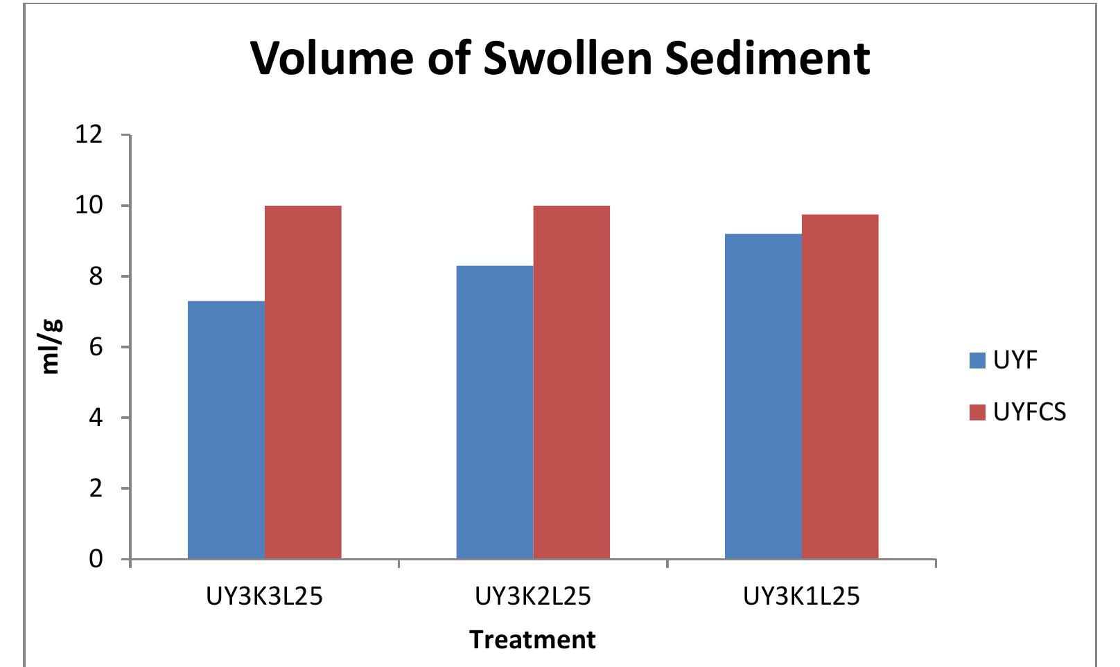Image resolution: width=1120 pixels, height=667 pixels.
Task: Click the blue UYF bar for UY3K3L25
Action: (x=226, y=429)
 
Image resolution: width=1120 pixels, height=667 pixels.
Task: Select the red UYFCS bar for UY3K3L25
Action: (x=303, y=382)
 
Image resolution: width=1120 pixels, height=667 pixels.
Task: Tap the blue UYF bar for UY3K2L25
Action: (x=494, y=412)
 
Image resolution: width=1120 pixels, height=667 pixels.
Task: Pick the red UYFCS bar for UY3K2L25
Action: (x=571, y=382)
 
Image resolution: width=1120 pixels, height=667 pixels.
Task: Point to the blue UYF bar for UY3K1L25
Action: (x=763, y=396)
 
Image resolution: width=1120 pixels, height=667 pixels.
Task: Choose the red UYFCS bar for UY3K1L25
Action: (x=839, y=386)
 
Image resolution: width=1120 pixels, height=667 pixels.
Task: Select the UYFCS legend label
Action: (x=1029, y=412)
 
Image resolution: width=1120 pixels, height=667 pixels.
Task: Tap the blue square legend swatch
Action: (x=977, y=360)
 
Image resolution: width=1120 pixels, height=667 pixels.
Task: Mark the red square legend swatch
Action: (x=977, y=413)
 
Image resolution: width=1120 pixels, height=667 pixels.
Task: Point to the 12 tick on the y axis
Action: (x=88, y=134)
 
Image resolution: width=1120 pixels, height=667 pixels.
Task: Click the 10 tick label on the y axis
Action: (x=88, y=206)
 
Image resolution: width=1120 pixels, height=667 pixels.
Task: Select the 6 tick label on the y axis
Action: (x=96, y=347)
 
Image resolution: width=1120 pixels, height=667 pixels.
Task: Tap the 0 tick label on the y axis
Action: (x=96, y=558)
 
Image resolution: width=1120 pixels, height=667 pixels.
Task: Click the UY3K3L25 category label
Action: (x=264, y=596)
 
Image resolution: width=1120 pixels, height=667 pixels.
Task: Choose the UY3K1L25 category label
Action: (x=801, y=596)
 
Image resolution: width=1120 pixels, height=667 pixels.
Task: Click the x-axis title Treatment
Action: (x=532, y=639)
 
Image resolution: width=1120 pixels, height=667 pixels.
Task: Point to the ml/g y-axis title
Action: (x=51, y=346)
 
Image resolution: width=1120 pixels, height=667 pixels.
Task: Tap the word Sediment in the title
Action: (x=767, y=57)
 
